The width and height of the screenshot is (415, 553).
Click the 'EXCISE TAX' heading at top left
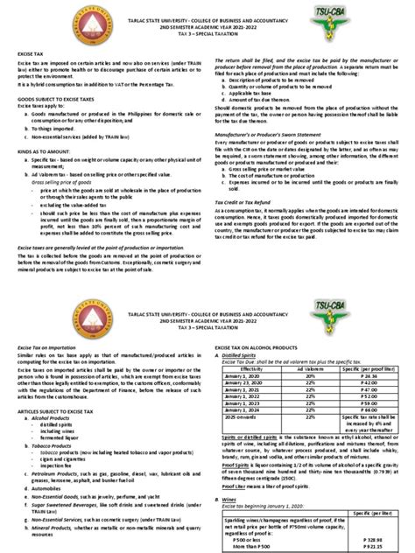click(33, 78)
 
